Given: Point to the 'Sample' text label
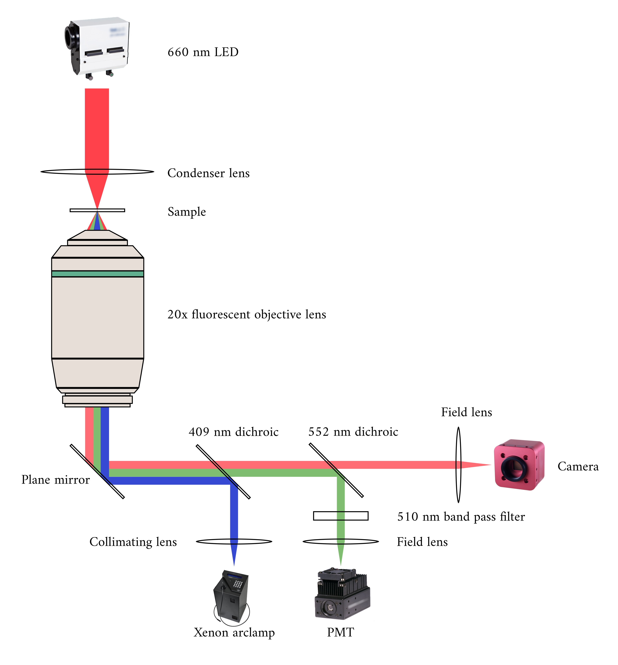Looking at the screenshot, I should tap(187, 212).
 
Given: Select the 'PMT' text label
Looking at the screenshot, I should tap(340, 632).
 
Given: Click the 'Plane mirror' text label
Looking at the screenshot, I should tap(56, 480).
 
